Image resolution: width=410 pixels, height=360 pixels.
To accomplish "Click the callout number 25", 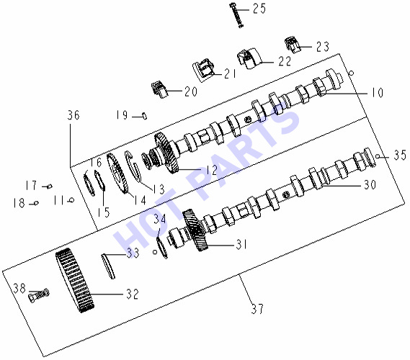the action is (259, 9).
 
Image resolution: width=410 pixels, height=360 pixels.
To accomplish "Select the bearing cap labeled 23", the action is (293, 45).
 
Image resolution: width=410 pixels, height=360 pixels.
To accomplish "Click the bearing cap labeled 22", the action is (249, 58).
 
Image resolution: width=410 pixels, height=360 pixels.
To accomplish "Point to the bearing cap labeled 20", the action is (159, 89).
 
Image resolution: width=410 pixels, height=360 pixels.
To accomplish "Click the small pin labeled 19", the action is (144, 115).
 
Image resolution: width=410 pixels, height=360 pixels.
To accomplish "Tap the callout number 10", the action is (378, 92).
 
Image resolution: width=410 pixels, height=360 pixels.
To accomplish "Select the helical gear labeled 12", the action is (166, 153).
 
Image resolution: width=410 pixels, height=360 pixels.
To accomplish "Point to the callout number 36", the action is (73, 115).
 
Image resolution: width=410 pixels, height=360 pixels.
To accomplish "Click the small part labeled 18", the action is (36, 203).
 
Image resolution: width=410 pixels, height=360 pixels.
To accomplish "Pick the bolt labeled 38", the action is (38, 295).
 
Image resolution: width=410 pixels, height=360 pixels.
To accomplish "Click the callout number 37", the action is (257, 309).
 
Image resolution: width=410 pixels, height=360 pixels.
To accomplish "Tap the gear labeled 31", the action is (195, 230).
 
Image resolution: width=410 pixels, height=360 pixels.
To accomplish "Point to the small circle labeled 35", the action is (378, 156).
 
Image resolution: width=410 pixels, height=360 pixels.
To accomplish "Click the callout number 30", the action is (370, 185).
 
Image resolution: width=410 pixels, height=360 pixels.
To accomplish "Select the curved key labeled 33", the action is (108, 266).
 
